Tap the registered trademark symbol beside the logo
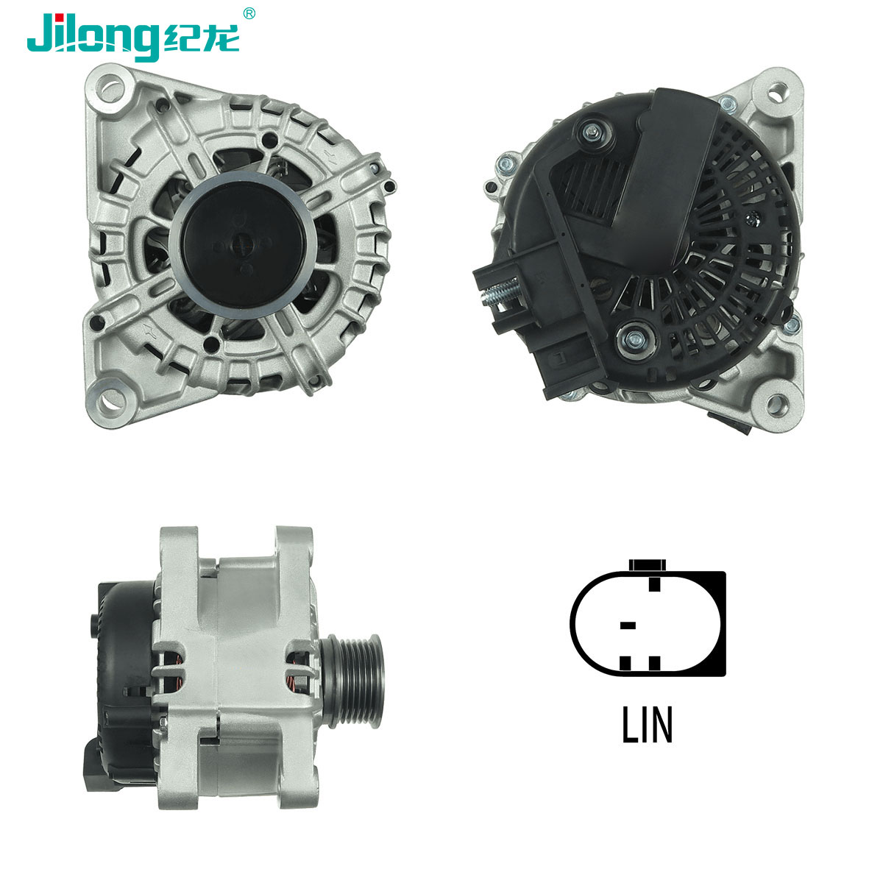(x=249, y=14)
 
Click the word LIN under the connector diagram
(x=647, y=725)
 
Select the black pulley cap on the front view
(x=243, y=244)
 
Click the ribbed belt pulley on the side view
(x=353, y=678)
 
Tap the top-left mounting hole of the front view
(x=110, y=88)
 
